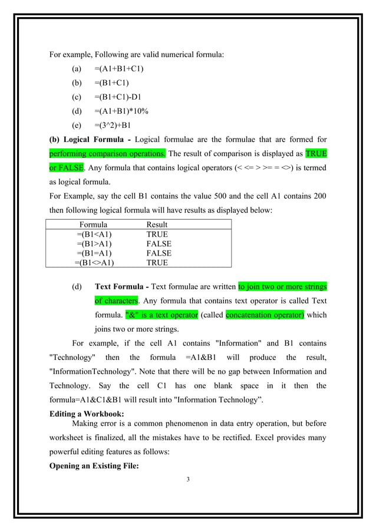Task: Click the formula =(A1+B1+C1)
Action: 118,68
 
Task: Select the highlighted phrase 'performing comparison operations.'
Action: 108,153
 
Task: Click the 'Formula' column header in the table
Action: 93,224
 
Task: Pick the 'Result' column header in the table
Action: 157,224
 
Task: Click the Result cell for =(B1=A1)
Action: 159,253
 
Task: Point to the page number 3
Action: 187,478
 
